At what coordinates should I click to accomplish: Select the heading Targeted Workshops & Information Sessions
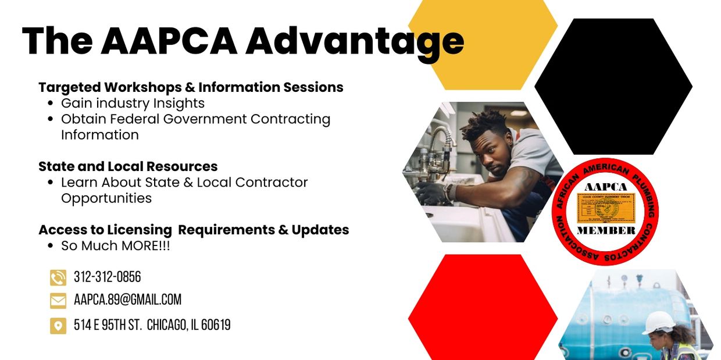click(191, 87)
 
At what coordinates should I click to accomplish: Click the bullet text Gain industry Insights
click(133, 104)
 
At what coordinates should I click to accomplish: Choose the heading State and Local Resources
click(128, 166)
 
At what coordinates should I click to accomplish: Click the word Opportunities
click(106, 198)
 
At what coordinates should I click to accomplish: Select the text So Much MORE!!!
click(116, 246)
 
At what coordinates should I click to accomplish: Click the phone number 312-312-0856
click(108, 277)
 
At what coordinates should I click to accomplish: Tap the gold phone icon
click(58, 278)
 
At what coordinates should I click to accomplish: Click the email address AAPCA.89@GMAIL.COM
click(127, 300)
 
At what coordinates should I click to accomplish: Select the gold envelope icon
click(58, 301)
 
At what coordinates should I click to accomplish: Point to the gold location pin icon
click(58, 326)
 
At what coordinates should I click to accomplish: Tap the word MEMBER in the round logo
click(606, 230)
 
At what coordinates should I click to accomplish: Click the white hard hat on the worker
click(658, 322)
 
